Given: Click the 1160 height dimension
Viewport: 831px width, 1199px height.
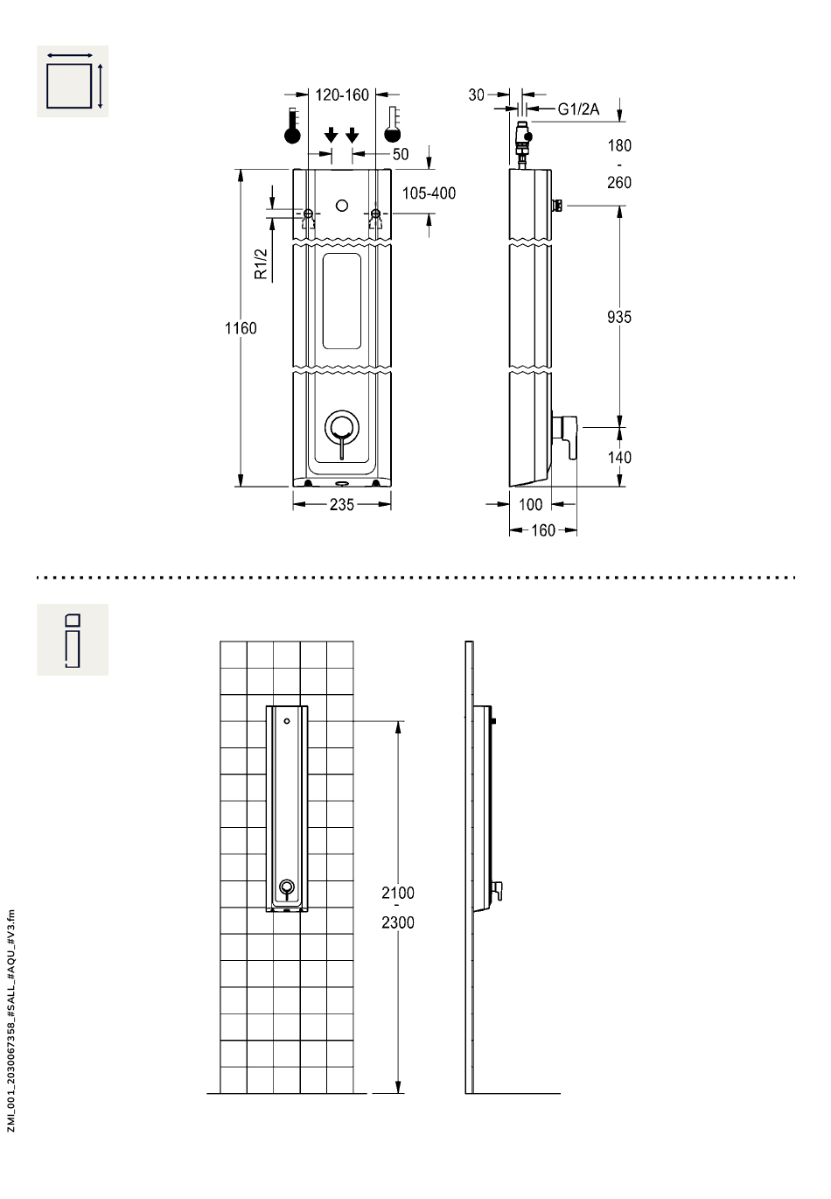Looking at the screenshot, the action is pyautogui.click(x=241, y=328).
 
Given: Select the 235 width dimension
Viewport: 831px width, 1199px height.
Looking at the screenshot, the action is pyautogui.click(x=341, y=505).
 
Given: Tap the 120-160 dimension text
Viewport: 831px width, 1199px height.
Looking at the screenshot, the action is pyautogui.click(x=342, y=95).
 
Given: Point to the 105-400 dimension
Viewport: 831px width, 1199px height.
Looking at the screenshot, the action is pyautogui.click(x=429, y=193).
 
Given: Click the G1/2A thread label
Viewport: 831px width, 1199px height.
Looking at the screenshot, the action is pyautogui.click(x=578, y=109).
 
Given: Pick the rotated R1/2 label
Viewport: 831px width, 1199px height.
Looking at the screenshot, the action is pyautogui.click(x=261, y=263).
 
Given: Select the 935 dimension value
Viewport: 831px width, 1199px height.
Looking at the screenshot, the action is pyautogui.click(x=619, y=318).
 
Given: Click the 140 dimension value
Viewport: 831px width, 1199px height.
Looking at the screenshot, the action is pyautogui.click(x=619, y=458).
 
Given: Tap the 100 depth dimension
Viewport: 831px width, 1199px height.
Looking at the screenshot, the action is pyautogui.click(x=530, y=505).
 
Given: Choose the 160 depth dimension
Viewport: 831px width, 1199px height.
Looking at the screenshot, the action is pyautogui.click(x=542, y=530).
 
